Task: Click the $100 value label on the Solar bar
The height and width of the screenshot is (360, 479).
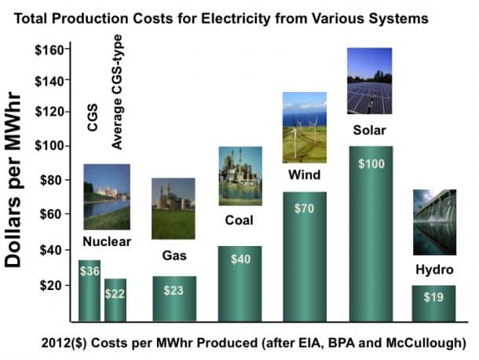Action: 370,164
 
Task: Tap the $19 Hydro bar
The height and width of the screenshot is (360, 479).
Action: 434,303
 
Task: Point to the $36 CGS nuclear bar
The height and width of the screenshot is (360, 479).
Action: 89,291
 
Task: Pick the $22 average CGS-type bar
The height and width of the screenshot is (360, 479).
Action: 115,299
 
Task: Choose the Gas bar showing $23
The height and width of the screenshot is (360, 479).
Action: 174,299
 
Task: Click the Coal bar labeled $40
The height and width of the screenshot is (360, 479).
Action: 239,283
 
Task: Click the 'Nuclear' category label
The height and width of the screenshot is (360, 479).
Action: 107,242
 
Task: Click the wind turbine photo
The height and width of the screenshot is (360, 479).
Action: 304,127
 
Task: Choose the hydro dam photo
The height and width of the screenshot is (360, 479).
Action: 434,222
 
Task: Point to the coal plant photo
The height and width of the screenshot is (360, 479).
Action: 239,175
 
